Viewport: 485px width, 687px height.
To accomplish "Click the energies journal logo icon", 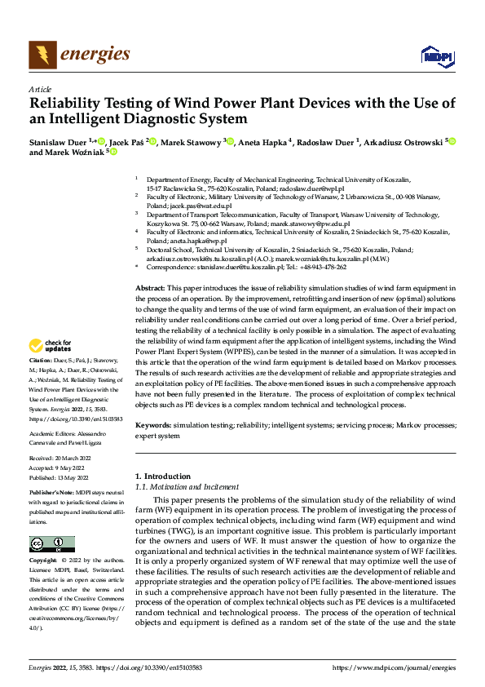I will tap(40, 55).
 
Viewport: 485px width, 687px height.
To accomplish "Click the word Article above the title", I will tap(40, 88).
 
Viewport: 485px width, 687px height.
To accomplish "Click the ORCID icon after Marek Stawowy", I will tap(231, 140).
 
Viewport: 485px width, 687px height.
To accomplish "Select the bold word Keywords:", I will tap(152, 425).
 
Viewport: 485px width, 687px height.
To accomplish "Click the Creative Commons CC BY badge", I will tap(51, 544).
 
